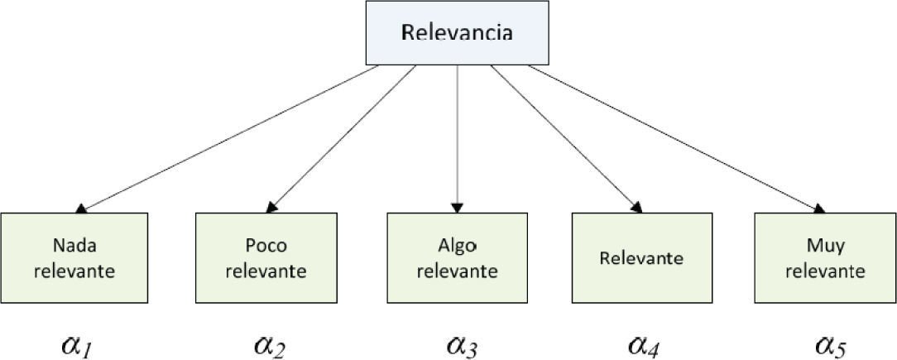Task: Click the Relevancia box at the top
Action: point(457,33)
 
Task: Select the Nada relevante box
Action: point(74,257)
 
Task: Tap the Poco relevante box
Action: point(266,257)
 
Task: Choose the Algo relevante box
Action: point(457,257)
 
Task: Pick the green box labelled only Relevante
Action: point(642,257)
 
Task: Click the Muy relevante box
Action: point(824,257)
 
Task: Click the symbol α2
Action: point(269,343)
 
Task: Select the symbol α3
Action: point(462,343)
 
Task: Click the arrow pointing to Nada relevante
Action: point(232,138)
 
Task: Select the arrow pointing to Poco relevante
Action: point(343,138)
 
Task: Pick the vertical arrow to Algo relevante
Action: point(457,138)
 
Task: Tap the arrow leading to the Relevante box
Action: point(565,138)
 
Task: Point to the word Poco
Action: point(266,246)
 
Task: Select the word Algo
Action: point(457,246)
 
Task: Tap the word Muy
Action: point(824,246)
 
